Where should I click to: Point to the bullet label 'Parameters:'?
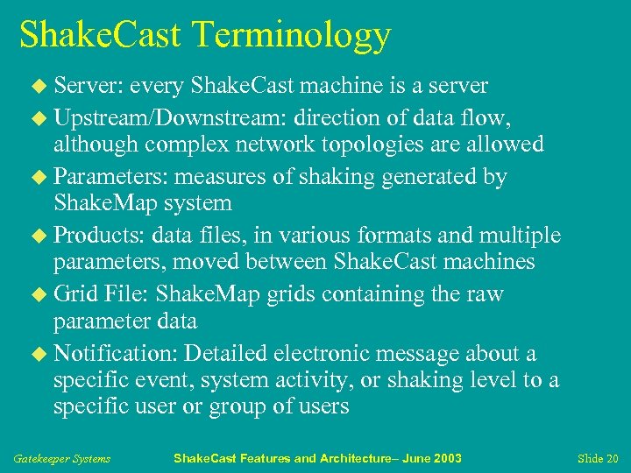click(x=110, y=176)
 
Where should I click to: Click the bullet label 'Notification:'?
click(x=116, y=354)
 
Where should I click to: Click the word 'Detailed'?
click(x=226, y=354)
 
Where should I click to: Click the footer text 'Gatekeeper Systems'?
click(x=61, y=458)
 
